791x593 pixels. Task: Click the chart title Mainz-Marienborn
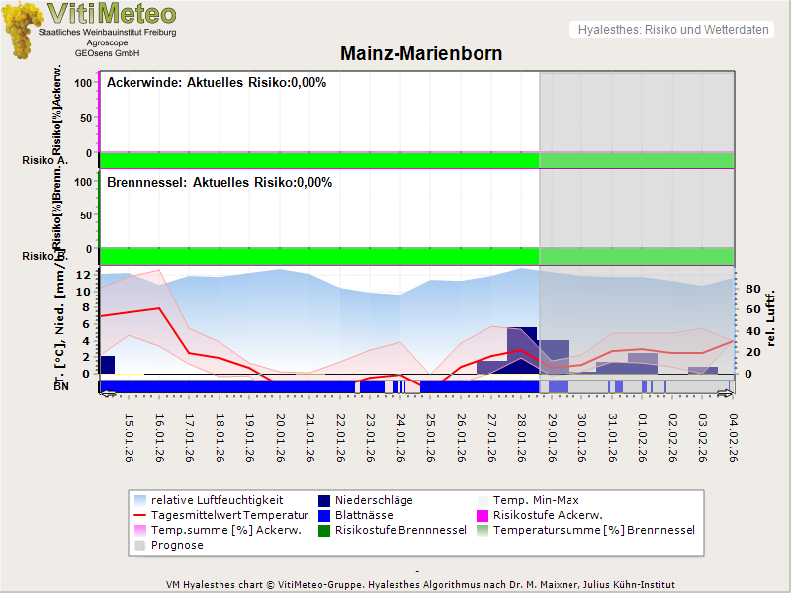tap(421, 54)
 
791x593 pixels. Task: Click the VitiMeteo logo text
tap(112, 14)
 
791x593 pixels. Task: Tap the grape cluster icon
tap(22, 30)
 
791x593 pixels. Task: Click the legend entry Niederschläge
tap(374, 500)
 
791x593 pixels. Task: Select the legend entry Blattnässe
tap(364, 515)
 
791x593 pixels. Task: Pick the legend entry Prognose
tap(177, 545)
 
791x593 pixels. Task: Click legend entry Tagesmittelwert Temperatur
tap(220, 515)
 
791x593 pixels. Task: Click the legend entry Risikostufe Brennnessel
tap(400, 530)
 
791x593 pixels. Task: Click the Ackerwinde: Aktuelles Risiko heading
tap(216, 83)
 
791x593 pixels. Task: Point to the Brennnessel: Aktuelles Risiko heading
tap(219, 183)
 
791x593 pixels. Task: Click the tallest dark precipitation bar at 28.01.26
tap(522, 351)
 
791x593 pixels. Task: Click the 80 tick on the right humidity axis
tap(752, 290)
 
